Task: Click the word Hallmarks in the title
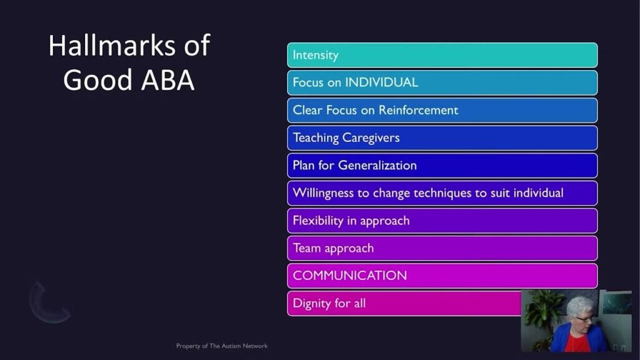pyautogui.click(x=112, y=45)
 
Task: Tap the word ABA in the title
pyautogui.click(x=167, y=79)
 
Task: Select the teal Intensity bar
pyautogui.click(x=442, y=55)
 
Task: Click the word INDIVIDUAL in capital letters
pyautogui.click(x=382, y=82)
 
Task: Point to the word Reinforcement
pyautogui.click(x=418, y=110)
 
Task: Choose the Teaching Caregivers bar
pyautogui.click(x=442, y=138)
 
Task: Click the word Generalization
pyautogui.click(x=377, y=165)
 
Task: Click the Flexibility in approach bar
pyautogui.click(x=442, y=221)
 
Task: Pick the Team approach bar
pyautogui.click(x=442, y=248)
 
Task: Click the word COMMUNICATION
pyautogui.click(x=350, y=276)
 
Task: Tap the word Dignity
pyautogui.click(x=312, y=304)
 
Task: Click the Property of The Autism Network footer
pyautogui.click(x=222, y=346)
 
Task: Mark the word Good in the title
pyautogui.click(x=97, y=79)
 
